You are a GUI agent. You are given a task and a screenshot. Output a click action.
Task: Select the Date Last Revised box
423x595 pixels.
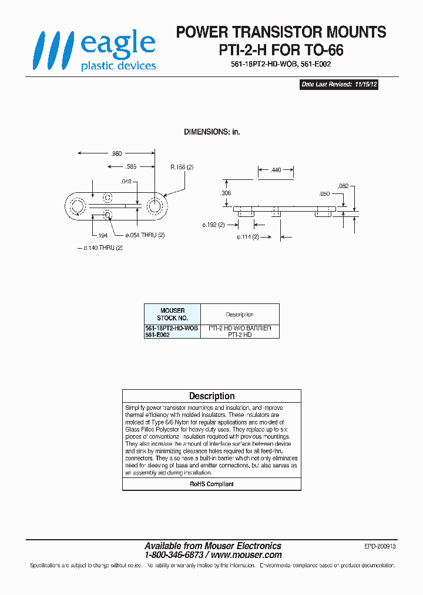[x=339, y=85]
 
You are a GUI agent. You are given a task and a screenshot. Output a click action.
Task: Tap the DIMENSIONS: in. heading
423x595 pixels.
[x=211, y=132]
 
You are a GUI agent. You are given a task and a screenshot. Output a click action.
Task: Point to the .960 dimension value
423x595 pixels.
[x=116, y=153]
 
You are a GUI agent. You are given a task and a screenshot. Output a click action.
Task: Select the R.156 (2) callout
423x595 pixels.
[x=182, y=168]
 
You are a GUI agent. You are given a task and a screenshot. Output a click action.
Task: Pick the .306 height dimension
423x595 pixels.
[x=226, y=193]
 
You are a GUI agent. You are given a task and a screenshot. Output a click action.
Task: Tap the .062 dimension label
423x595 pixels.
[x=344, y=186]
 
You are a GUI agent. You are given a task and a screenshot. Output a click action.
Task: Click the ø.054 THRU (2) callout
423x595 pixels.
[x=145, y=235]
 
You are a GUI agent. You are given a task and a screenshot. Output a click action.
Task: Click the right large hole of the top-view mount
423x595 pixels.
[x=155, y=206]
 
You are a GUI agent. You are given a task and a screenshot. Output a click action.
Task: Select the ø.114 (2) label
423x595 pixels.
[x=248, y=237]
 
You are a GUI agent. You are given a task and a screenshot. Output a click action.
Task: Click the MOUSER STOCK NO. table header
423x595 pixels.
[x=172, y=314]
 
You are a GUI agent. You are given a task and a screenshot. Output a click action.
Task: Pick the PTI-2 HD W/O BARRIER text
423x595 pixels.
[x=240, y=328]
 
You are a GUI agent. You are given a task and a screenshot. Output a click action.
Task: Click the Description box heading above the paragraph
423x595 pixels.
[x=211, y=396]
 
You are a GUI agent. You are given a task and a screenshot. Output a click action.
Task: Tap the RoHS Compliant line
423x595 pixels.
[x=211, y=484]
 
